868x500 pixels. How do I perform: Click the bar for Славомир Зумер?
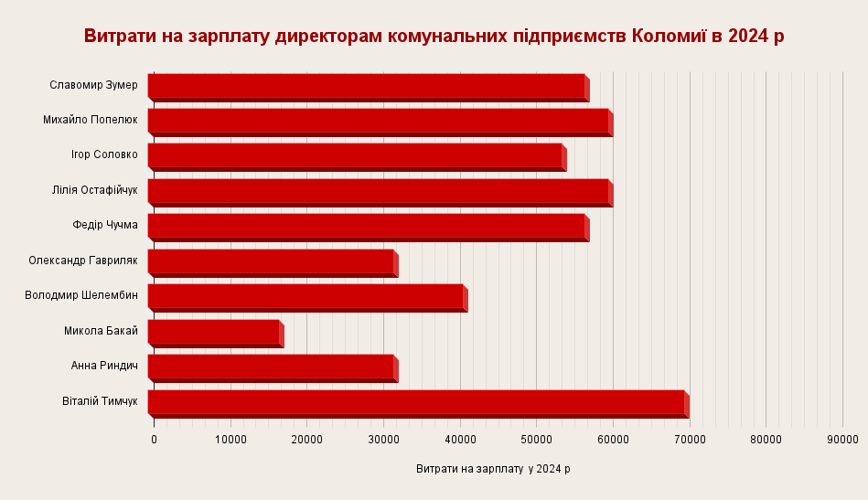pyautogui.click(x=366, y=86)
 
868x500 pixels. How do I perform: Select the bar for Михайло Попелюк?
pyautogui.click(x=378, y=121)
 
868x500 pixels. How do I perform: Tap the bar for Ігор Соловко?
pyautogui.click(x=355, y=156)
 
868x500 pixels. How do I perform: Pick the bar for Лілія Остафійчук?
pyautogui.click(x=378, y=191)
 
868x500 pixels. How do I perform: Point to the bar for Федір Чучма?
pyautogui.click(x=366, y=227)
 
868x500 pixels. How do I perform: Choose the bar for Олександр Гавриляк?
pyautogui.click(x=271, y=261)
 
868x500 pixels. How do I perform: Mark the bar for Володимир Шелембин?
pyautogui.click(x=305, y=297)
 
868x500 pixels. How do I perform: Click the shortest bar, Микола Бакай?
pyautogui.click(x=213, y=332)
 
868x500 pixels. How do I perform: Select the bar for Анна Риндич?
pyautogui.click(x=271, y=367)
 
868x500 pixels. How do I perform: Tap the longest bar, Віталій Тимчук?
pyautogui.click(x=416, y=402)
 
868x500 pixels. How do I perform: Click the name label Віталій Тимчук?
pyautogui.click(x=100, y=401)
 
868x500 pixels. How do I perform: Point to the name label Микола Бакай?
pyautogui.click(x=101, y=331)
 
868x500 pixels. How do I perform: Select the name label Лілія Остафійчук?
pyautogui.click(x=95, y=190)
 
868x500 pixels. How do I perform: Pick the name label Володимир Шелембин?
pyautogui.click(x=81, y=295)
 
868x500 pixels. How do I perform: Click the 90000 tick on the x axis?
pyautogui.click(x=842, y=440)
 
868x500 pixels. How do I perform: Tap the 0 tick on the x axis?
pyautogui.click(x=154, y=440)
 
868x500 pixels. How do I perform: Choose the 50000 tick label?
pyautogui.click(x=536, y=440)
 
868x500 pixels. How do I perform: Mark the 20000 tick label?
pyautogui.click(x=306, y=440)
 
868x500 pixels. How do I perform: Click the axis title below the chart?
pyautogui.click(x=493, y=469)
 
